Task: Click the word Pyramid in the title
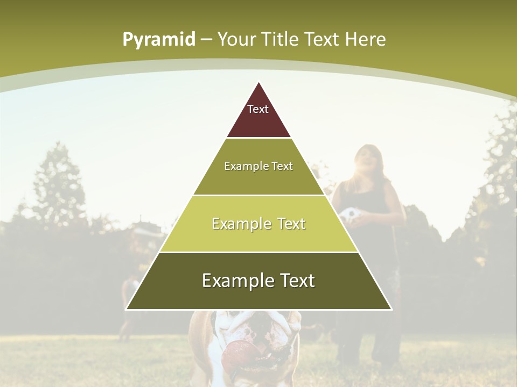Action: coord(159,40)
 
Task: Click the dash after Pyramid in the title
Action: coord(206,40)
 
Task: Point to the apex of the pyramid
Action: coord(258,82)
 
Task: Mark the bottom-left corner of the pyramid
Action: coord(126,309)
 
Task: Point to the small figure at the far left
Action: coord(128,306)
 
